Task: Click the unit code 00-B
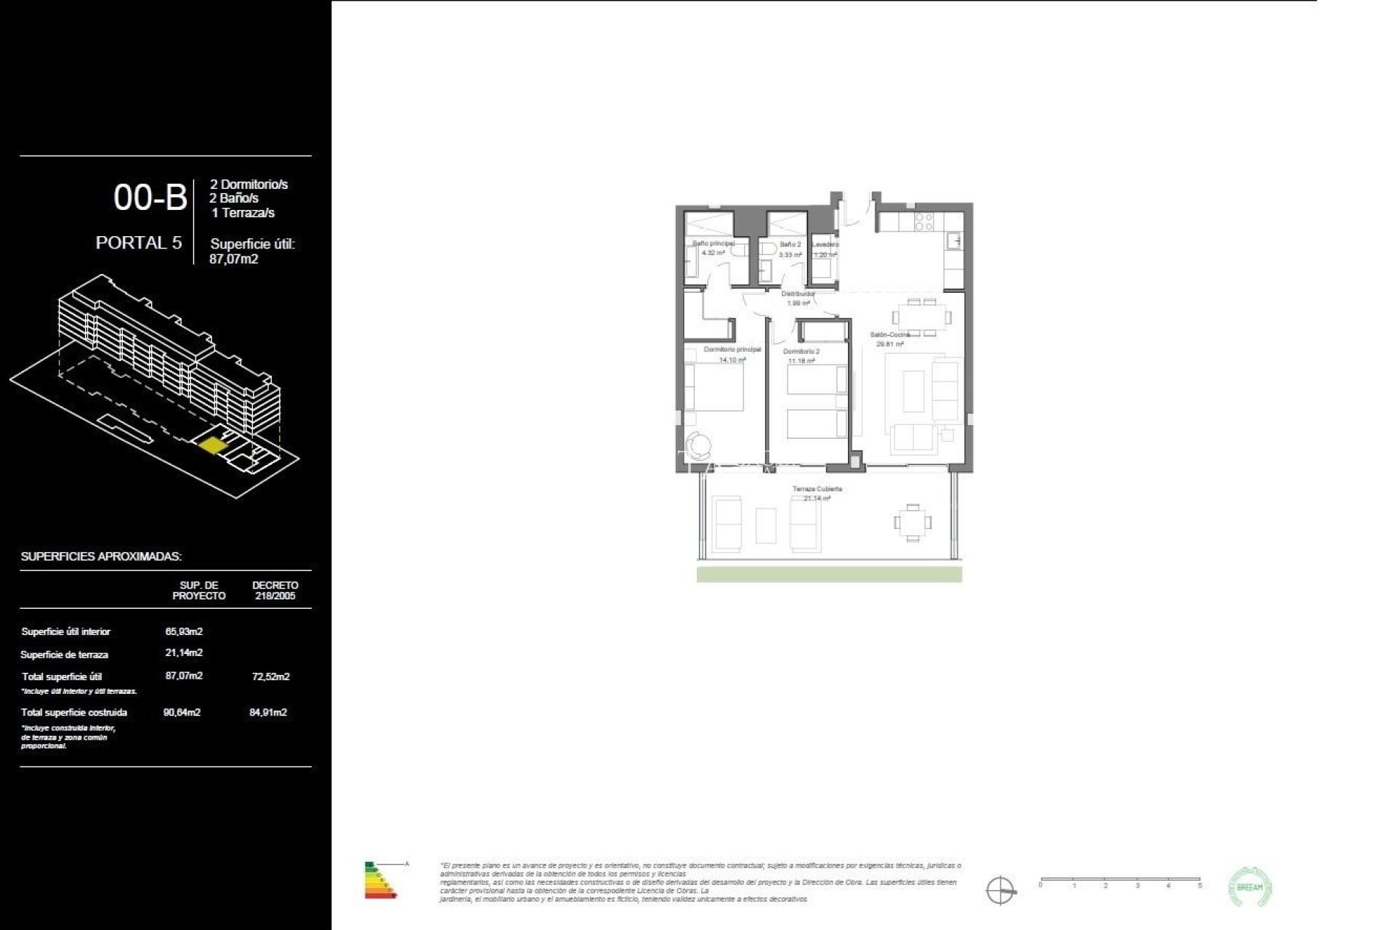coord(150,198)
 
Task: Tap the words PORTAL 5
coord(139,243)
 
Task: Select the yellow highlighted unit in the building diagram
coord(212,445)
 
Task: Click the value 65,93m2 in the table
coord(184,631)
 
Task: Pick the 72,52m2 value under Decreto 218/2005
coord(270,676)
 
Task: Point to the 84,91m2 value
coord(268,712)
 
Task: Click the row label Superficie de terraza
coord(65,655)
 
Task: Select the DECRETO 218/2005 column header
coord(275,590)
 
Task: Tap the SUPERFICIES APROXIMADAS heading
coord(101,557)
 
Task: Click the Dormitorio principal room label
coord(732,349)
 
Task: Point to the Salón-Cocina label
coord(890,335)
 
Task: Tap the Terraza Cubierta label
coord(817,489)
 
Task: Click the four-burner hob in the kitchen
coord(923,222)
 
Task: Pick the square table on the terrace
coord(912,522)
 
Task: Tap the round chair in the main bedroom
coord(700,443)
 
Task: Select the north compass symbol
coord(1000,890)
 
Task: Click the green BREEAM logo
coord(1250,886)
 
